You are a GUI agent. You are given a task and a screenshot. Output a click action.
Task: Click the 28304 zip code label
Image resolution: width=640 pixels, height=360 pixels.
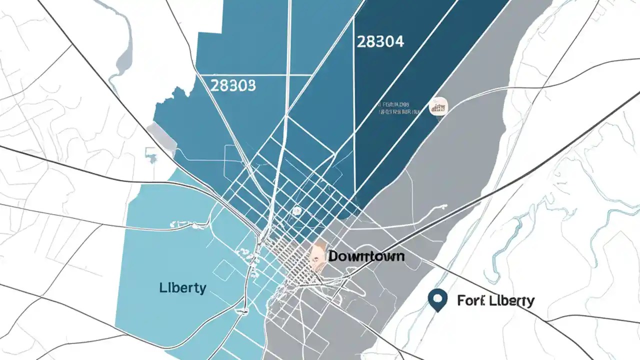tap(380, 41)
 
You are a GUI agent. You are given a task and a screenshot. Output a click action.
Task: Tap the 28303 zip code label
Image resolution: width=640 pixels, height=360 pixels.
tap(233, 85)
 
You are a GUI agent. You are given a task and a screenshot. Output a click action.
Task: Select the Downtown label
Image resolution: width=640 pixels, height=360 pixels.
tap(366, 256)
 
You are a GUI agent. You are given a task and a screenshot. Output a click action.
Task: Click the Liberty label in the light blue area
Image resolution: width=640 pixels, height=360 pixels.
tap(182, 288)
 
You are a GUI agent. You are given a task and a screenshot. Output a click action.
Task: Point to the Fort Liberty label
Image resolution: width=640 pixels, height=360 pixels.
tap(495, 300)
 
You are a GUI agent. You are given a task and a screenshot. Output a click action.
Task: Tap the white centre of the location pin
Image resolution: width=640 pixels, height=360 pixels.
tap(437, 298)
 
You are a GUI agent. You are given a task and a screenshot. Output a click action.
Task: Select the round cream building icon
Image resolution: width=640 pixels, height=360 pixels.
tap(439, 106)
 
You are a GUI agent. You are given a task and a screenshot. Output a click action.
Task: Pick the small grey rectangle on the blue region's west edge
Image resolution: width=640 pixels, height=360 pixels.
tap(162, 136)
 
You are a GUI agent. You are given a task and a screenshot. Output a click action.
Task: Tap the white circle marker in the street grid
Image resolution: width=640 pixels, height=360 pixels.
tap(296, 211)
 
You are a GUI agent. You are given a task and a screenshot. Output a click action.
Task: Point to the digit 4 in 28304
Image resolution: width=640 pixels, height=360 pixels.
tap(398, 41)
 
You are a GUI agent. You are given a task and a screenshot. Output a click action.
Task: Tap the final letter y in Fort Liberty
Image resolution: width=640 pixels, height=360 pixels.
tap(529, 301)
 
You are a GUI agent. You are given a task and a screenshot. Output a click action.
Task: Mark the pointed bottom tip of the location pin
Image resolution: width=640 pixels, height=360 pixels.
tap(437, 311)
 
